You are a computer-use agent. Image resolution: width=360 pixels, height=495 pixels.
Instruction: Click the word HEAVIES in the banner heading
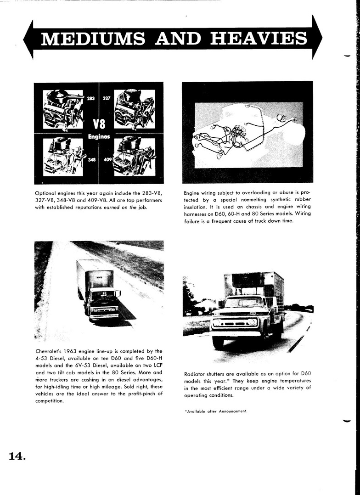(x=259, y=39)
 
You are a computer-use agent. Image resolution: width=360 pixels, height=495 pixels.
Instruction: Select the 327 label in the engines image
(x=107, y=98)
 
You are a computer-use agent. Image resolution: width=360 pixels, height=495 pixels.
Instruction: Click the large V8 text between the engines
(x=99, y=124)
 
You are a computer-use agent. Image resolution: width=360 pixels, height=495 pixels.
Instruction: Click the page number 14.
(x=17, y=456)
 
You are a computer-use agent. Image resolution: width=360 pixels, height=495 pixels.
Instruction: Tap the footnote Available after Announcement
(x=215, y=411)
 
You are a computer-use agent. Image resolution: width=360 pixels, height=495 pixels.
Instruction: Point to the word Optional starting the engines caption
(x=47, y=193)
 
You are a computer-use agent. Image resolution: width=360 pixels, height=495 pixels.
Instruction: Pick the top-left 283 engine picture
(x=63, y=108)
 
